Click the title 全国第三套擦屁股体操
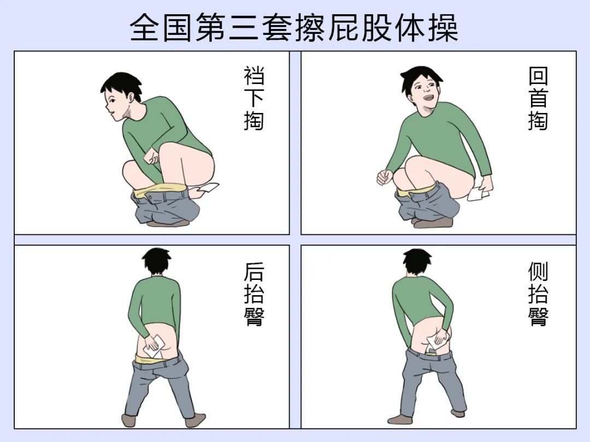pos(294,27)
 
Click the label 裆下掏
pos(254,98)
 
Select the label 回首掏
pos(538,98)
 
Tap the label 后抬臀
pos(254,295)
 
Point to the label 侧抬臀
pos(538,295)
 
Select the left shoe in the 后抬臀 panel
pos(129,421)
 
